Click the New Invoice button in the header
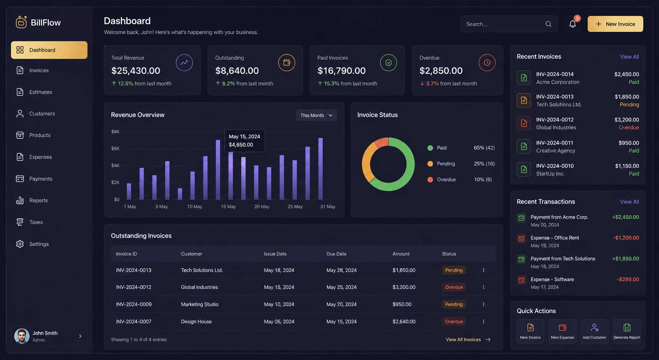615,24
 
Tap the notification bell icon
573,24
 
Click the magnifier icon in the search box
548,24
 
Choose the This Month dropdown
316,115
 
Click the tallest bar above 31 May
320,169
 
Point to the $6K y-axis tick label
115,149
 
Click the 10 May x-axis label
194,206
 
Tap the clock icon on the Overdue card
487,63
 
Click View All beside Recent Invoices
629,56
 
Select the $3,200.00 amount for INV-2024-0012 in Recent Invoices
626,120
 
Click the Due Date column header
336,254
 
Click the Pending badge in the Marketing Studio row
453,304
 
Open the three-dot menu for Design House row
484,321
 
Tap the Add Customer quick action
594,331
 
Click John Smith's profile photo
22,336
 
